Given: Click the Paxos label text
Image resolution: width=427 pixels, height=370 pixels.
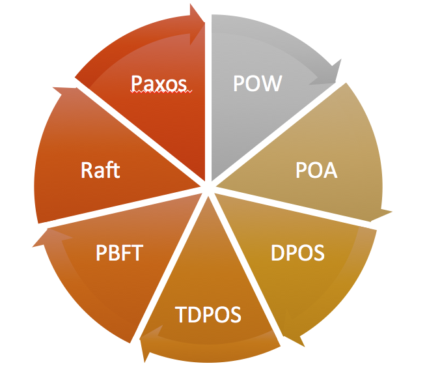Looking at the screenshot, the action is (x=159, y=83).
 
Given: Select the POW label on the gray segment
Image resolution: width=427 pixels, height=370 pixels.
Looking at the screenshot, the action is (x=257, y=83).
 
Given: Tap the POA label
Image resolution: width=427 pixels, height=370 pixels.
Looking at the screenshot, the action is (x=316, y=170).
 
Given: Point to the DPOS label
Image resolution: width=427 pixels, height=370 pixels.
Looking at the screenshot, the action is (x=297, y=253).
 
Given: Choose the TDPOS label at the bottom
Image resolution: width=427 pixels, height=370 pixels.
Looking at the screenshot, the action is (x=208, y=315).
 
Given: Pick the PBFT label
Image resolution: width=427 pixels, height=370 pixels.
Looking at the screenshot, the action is (x=119, y=253).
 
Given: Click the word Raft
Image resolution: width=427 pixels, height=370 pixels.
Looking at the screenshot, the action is (x=100, y=170).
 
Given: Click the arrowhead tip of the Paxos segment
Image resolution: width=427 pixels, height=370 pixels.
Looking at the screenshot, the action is (x=204, y=22).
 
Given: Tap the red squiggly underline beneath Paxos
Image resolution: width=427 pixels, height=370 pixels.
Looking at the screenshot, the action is (x=161, y=92).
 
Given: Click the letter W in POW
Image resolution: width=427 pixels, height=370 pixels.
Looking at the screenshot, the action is (x=270, y=83).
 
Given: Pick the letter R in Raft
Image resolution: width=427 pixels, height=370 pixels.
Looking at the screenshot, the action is (x=87, y=170).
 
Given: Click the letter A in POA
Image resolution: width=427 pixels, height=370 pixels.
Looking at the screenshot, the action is (x=329, y=170).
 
